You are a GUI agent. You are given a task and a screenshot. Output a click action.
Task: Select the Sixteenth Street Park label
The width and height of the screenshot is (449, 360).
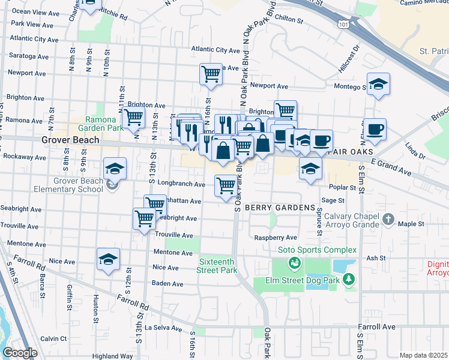click(217, 266)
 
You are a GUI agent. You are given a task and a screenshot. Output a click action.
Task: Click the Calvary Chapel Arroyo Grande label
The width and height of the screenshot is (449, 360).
click(348, 220)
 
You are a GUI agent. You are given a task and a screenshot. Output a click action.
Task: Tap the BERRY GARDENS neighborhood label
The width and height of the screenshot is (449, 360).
click(280, 207)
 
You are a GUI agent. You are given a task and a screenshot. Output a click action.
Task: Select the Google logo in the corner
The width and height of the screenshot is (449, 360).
click(20, 353)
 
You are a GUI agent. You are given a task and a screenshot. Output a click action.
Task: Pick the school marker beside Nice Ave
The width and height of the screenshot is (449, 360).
click(108, 259)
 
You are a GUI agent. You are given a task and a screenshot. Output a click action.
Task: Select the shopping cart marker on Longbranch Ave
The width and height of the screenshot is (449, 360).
click(226, 185)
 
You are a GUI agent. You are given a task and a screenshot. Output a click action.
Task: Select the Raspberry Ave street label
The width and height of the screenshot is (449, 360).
click(276, 238)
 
